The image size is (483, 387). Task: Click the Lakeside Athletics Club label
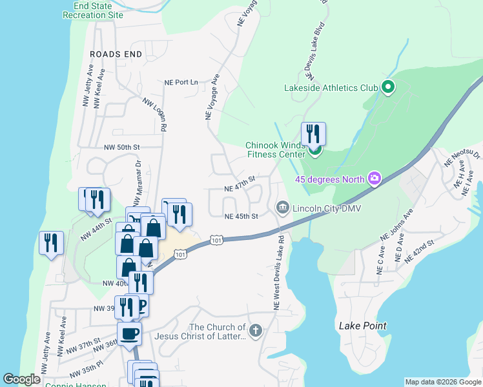(331, 88)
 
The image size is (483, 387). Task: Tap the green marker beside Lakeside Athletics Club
(388, 87)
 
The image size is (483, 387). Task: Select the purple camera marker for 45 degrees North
(374, 178)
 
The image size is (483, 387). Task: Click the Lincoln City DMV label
(325, 208)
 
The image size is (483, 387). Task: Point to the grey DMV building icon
(282, 207)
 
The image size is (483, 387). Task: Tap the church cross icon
(256, 332)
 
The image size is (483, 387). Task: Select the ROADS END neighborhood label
(116, 54)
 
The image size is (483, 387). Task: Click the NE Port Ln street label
(181, 83)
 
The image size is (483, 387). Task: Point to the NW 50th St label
(122, 147)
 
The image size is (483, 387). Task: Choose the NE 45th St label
(241, 216)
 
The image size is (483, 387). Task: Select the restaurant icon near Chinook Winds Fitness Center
(313, 134)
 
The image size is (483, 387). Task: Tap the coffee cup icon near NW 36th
(129, 333)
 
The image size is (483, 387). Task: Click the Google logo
(21, 379)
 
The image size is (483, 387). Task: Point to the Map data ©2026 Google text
(442, 382)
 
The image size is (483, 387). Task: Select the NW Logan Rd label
(155, 116)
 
